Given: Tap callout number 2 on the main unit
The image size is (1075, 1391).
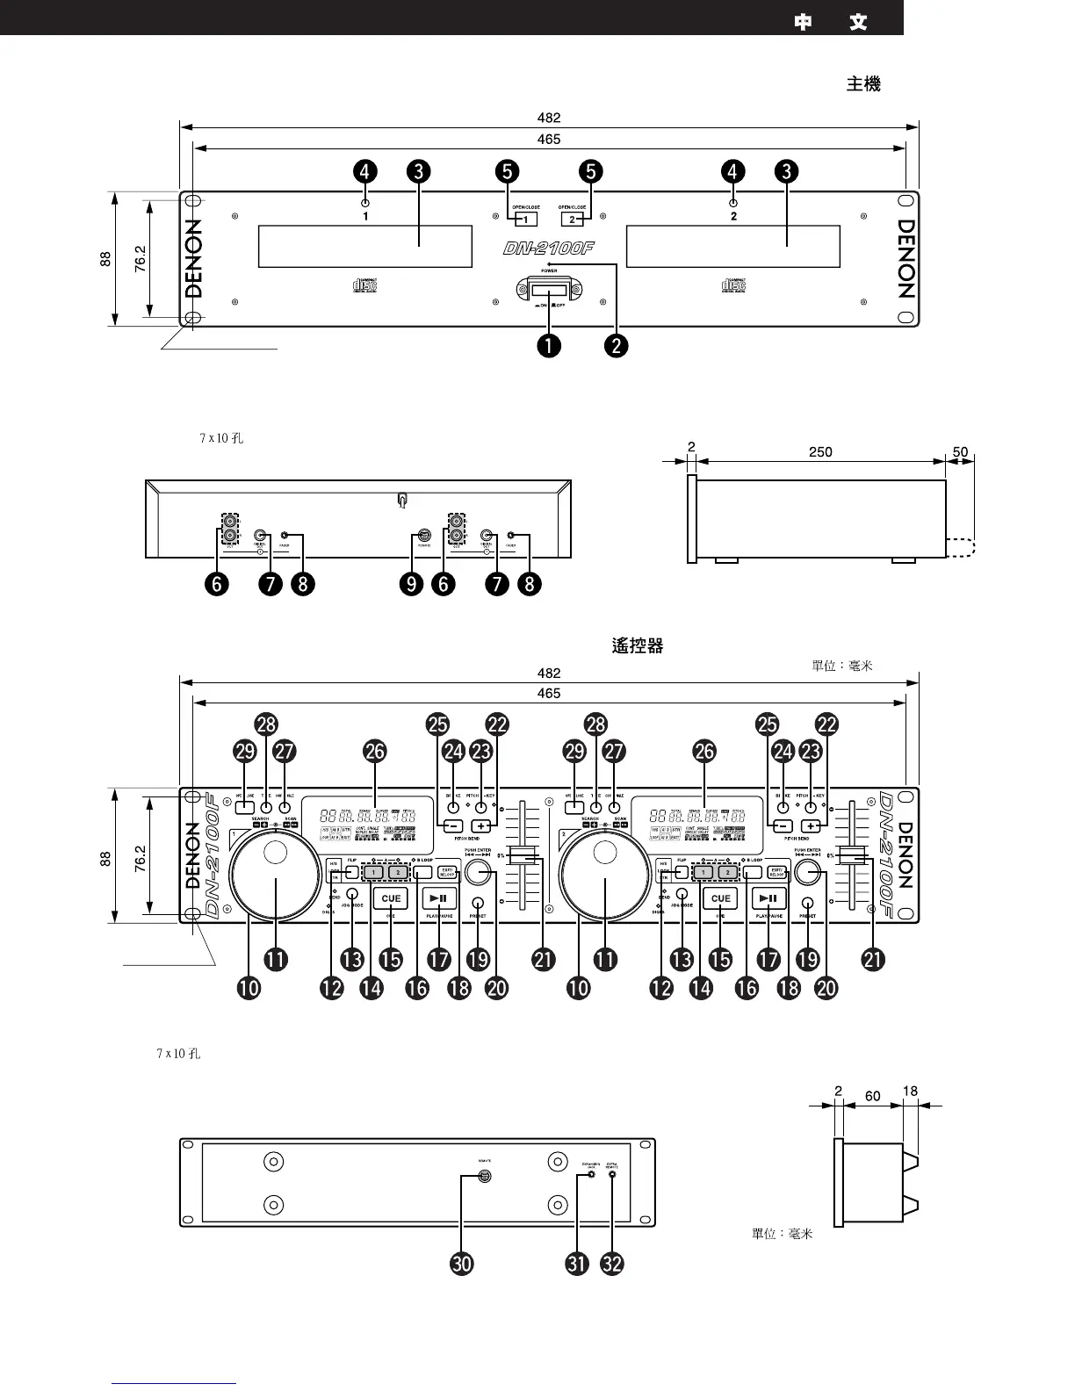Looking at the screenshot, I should coord(617,345).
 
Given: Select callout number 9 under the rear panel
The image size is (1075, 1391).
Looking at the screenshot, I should coord(411,584).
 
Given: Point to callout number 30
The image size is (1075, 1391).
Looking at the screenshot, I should coord(461,1264).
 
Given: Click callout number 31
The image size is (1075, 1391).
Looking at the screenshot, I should coord(577,1264).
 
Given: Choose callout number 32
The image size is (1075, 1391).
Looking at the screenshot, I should coord(612,1264).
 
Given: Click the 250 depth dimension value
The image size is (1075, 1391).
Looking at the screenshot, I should coord(819,452).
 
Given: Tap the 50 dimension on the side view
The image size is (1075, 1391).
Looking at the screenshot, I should coord(960,452).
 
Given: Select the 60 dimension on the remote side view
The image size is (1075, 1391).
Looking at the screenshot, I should coord(872,1096).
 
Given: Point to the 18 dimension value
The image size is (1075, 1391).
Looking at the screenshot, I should coord(910,1092).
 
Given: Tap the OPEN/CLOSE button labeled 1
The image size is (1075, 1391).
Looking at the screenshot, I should coord(525,220).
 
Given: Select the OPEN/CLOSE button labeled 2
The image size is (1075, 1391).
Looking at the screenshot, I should coord(572,220).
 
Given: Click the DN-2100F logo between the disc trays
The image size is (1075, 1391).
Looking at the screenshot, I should coord(549,249).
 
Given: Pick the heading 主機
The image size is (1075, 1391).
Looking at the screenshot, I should coord(863,84).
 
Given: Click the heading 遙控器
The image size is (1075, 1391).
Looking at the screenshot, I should coord(637,646).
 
